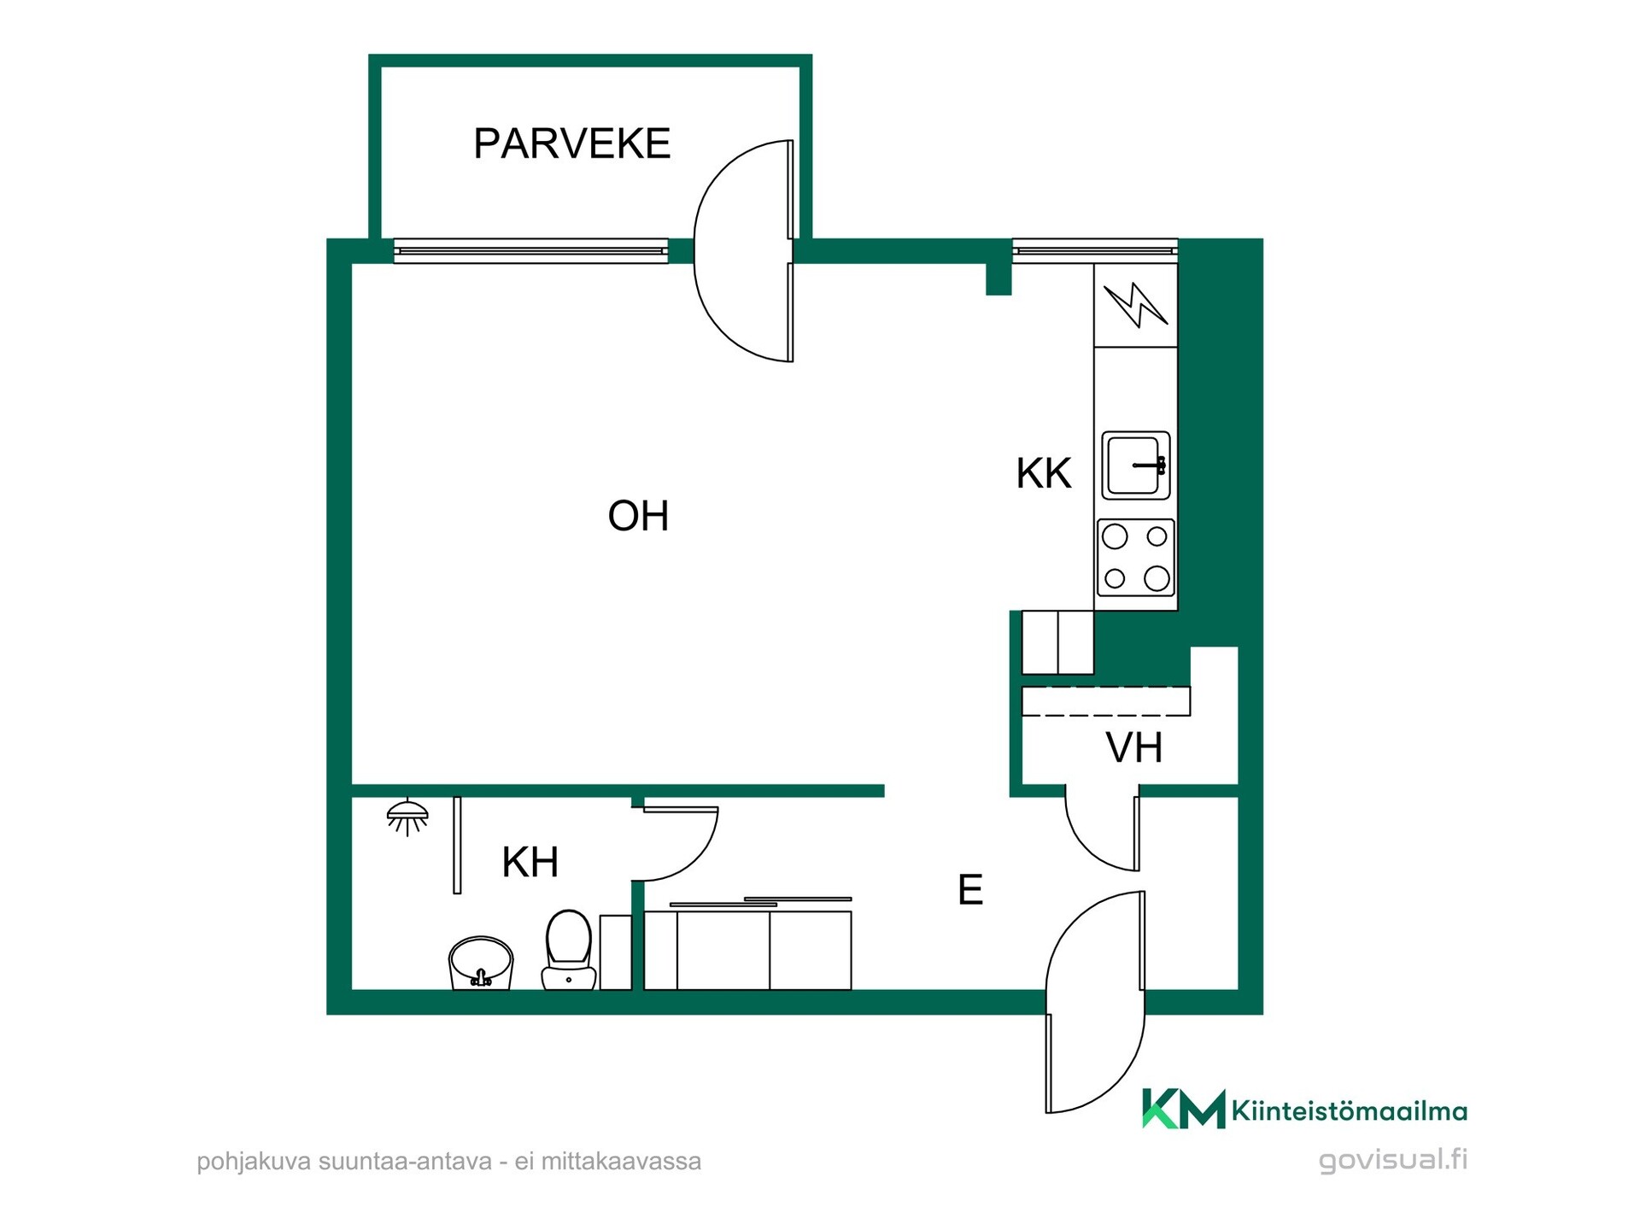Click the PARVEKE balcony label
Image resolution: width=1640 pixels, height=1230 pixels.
(571, 143)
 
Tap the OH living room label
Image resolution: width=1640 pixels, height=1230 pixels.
(638, 516)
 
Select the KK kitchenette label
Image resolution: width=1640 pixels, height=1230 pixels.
(1043, 473)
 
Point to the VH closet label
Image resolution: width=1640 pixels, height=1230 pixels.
(1134, 747)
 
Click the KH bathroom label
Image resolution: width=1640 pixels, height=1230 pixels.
(530, 862)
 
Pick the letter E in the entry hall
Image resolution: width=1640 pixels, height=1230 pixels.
(970, 889)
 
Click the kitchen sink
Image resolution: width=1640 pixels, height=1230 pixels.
(1136, 466)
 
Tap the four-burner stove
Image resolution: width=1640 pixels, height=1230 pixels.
(1136, 558)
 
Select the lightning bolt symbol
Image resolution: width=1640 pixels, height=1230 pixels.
(1136, 305)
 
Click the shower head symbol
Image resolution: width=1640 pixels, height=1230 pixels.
(407, 817)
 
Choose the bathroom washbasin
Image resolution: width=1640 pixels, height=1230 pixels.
(481, 963)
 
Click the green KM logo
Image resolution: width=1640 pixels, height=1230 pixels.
(1184, 1109)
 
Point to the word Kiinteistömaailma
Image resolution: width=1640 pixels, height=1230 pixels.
(1350, 1111)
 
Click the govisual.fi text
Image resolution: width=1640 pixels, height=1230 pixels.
(1393, 1160)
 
